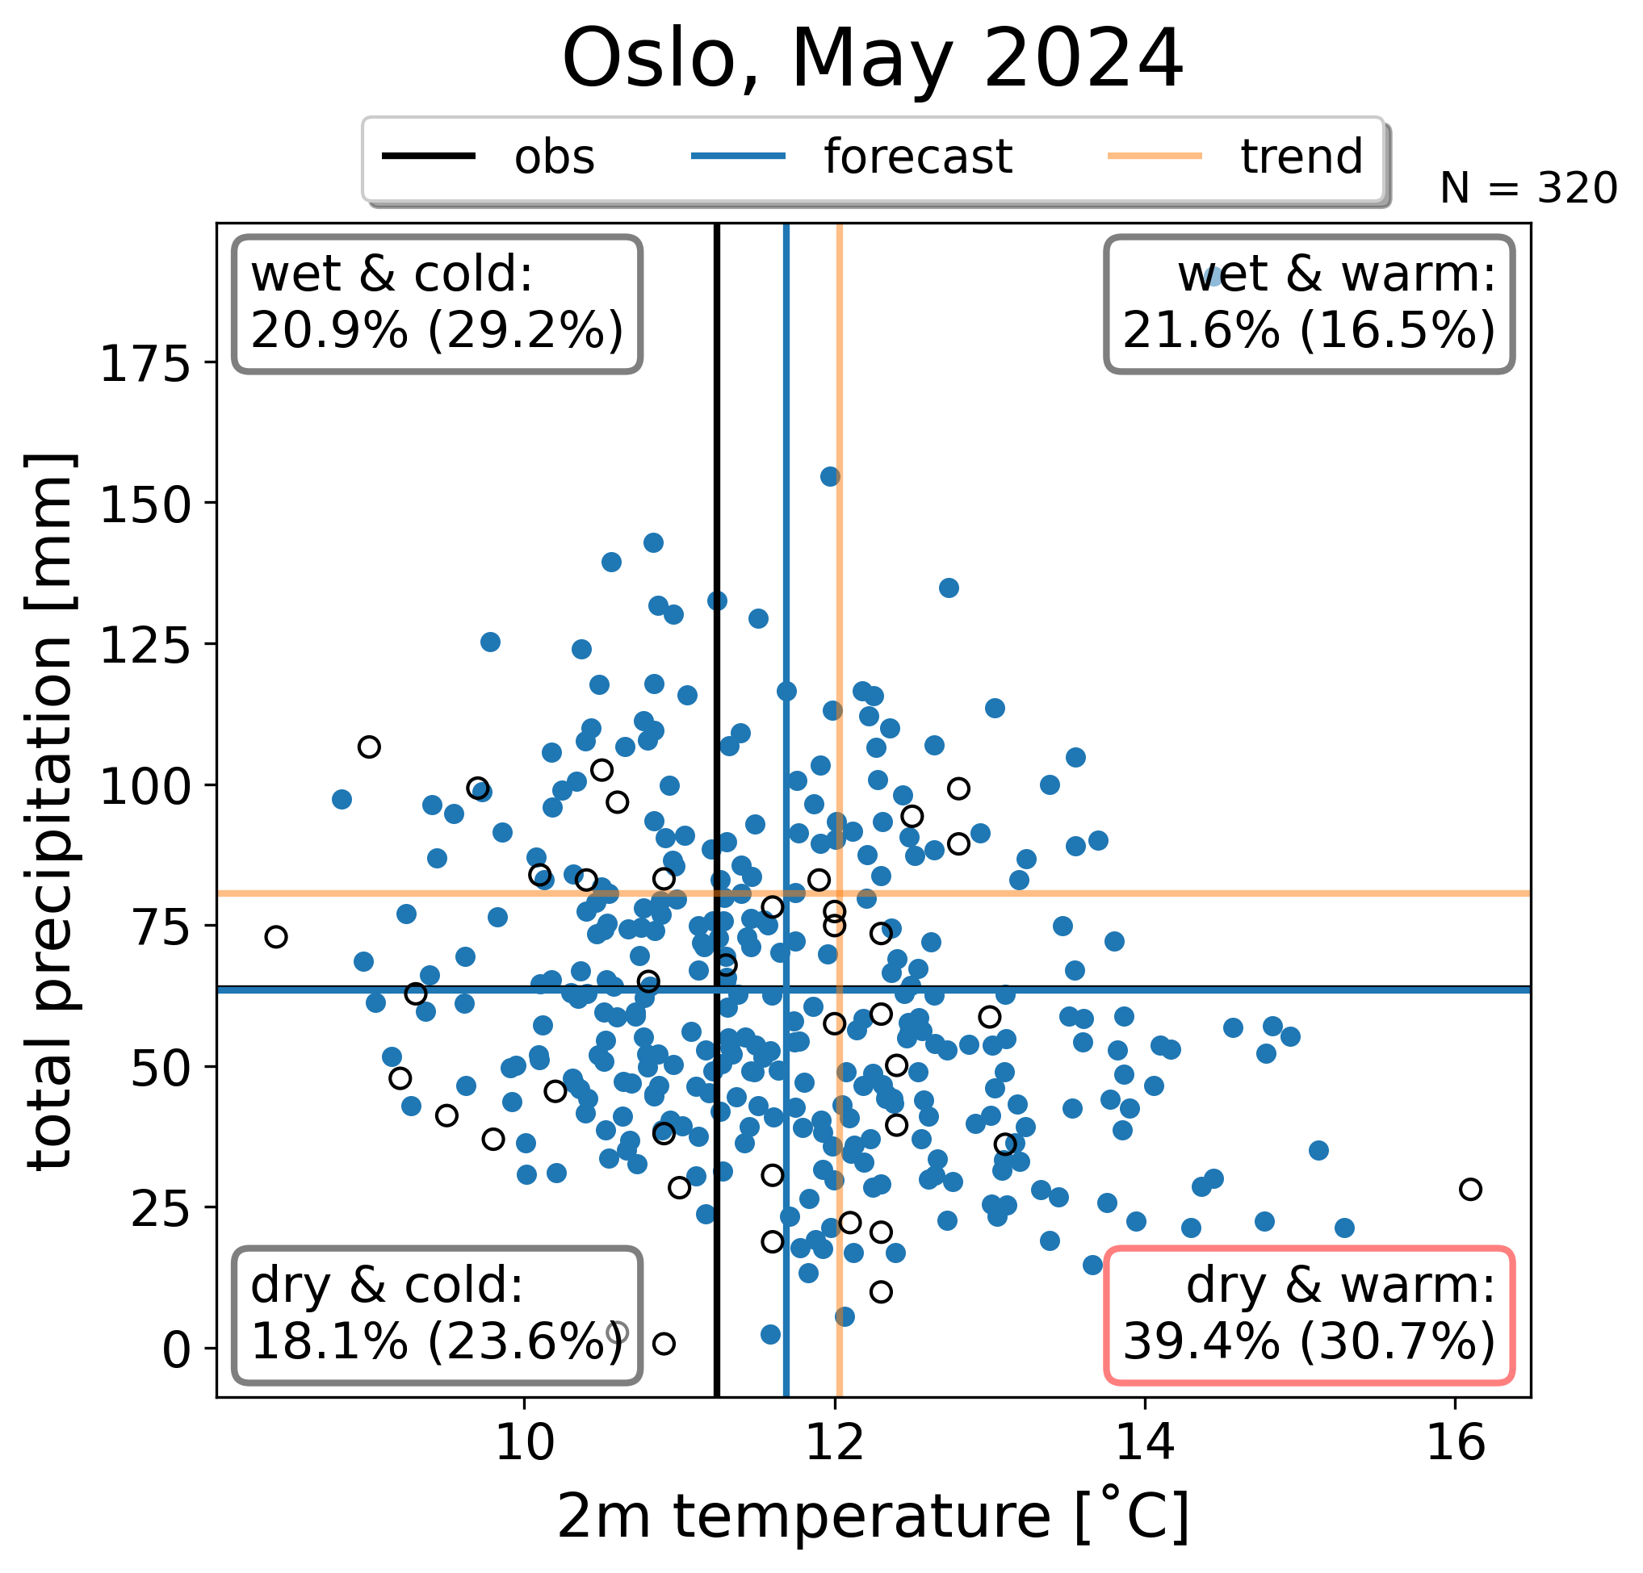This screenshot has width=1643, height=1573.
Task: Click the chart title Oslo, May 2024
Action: coord(873,60)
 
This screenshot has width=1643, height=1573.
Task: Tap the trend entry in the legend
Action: coord(1235,157)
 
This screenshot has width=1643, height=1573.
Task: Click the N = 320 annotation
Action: coord(1528,189)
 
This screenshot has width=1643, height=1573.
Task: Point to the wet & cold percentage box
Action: coord(438,304)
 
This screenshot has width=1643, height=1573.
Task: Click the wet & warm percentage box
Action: coord(1310,304)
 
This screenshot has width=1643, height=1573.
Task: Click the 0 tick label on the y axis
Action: coord(178,1351)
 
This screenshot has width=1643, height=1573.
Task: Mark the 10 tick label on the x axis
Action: coord(525,1442)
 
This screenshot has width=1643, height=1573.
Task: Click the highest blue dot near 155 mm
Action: coord(830,477)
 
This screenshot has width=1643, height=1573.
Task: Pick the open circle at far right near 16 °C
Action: coord(1470,1189)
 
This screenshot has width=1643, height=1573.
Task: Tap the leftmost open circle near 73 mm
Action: coord(276,937)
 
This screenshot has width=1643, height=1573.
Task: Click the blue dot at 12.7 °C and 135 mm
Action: coord(948,588)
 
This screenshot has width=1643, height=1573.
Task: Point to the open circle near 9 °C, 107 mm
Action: coord(369,747)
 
